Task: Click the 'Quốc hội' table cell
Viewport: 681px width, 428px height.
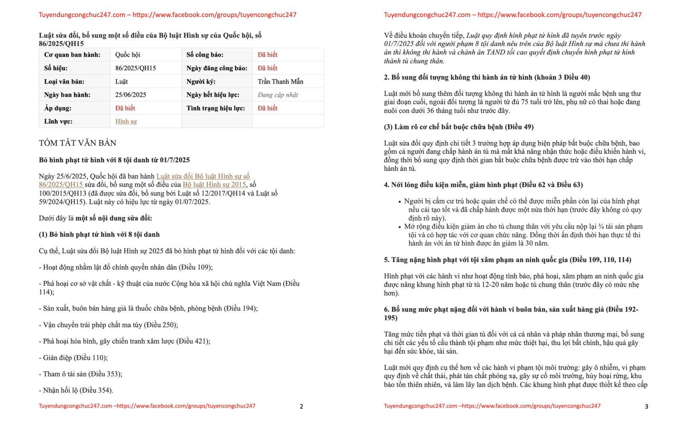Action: click(128, 55)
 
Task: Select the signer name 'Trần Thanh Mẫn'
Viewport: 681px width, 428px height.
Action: click(280, 81)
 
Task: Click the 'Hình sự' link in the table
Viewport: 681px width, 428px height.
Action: click(126, 121)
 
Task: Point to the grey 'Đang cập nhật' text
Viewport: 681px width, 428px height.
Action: click(278, 95)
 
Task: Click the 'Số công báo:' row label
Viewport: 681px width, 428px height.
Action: click(205, 55)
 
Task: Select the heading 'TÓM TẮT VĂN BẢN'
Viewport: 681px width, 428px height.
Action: click(77, 143)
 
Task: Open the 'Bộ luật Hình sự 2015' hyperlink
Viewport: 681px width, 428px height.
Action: click(214, 184)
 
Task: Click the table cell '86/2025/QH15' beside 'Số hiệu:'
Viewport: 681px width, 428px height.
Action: click(135, 68)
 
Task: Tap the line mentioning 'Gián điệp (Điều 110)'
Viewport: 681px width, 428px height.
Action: click(74, 358)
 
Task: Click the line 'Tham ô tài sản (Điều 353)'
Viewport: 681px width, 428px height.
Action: click(82, 374)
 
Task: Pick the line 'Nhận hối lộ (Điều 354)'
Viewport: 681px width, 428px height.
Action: click(77, 390)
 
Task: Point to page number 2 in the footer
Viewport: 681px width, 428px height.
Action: click(301, 406)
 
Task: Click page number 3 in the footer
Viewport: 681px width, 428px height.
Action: click(646, 406)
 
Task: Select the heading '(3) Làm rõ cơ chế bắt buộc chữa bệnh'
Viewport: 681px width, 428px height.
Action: click(458, 127)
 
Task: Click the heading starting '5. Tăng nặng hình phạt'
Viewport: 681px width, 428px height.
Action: click(507, 260)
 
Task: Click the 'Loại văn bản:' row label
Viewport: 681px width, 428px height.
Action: click(64, 81)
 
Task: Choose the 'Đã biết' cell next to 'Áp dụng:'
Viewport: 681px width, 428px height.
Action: click(125, 108)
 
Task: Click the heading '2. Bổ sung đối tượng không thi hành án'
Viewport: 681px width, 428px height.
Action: click(486, 77)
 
